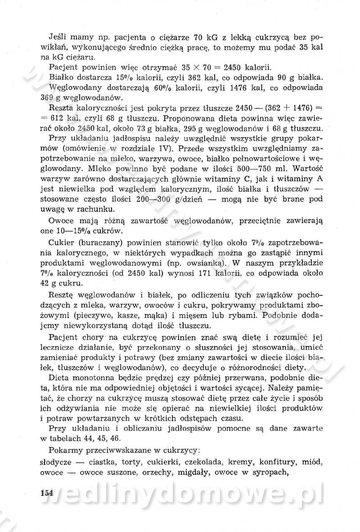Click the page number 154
tap(45, 492)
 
